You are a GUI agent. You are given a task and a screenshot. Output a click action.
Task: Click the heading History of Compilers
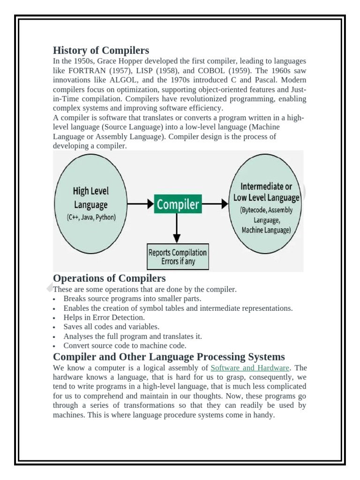[x=101, y=50]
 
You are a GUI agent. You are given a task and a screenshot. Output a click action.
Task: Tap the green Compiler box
[x=178, y=204]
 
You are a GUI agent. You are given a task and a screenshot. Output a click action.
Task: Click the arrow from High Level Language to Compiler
[x=140, y=204]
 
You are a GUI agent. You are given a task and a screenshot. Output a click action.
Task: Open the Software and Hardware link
[x=250, y=368]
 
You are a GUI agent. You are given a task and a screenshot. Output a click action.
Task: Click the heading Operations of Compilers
[x=109, y=278]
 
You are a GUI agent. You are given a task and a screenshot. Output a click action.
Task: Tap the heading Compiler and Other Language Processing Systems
[x=169, y=356]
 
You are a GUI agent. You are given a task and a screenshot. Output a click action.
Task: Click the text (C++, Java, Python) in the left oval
[x=90, y=217]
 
